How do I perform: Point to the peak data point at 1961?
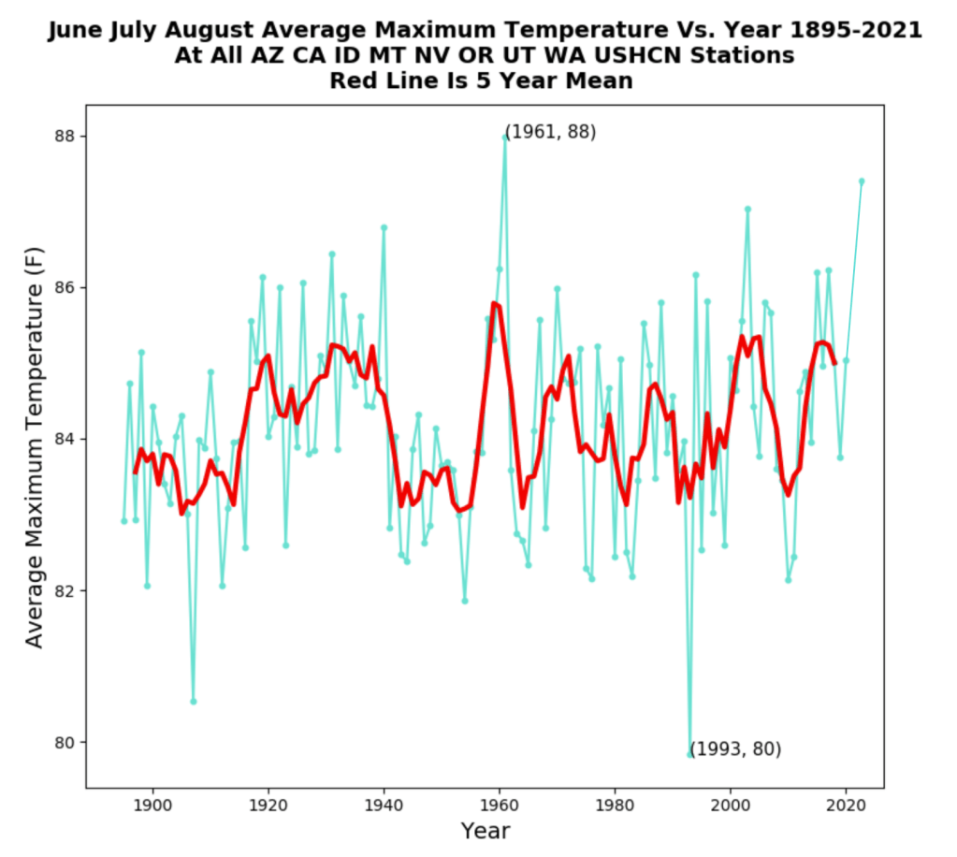coord(505,137)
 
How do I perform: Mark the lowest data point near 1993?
coord(690,754)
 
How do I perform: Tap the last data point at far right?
coord(862,181)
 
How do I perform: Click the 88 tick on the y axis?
coord(65,136)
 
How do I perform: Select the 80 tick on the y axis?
coord(65,743)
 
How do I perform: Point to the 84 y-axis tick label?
coord(65,439)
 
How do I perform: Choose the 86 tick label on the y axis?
coord(65,287)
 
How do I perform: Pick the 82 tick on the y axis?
coord(65,591)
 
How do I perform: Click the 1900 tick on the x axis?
coord(152,804)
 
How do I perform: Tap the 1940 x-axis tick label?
coord(384,804)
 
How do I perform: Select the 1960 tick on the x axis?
coord(499,804)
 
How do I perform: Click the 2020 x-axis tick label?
coord(846,804)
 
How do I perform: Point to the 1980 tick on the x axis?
coord(615,804)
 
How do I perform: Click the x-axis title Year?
coord(485,831)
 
